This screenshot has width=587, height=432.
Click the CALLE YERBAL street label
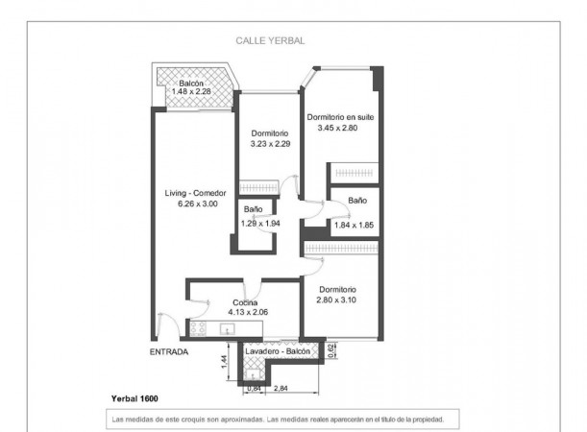[x=270, y=40]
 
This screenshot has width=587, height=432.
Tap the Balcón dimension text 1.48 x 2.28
[x=191, y=91]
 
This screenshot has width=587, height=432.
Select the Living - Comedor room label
[x=195, y=193]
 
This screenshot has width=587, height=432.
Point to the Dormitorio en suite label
[x=340, y=117]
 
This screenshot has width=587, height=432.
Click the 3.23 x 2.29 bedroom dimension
[x=270, y=144]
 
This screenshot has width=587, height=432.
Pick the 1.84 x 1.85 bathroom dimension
[x=354, y=226]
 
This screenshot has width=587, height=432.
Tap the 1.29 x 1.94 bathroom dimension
[x=260, y=224]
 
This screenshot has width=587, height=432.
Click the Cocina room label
[x=245, y=302]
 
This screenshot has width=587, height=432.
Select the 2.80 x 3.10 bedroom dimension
[x=336, y=300]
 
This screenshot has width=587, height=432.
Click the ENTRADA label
[x=169, y=352]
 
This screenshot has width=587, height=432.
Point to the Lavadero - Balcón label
[x=278, y=351]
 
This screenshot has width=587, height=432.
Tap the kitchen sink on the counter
[x=227, y=329]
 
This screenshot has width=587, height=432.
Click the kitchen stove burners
[x=198, y=328]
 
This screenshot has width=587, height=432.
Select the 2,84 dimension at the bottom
[x=281, y=388]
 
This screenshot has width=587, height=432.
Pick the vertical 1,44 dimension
[x=224, y=362]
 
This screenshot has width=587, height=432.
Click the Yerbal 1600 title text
[x=135, y=398]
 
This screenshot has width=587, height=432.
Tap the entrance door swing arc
[x=171, y=323]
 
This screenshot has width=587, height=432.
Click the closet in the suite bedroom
[x=354, y=173]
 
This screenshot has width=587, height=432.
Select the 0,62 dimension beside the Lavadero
[x=330, y=350]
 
